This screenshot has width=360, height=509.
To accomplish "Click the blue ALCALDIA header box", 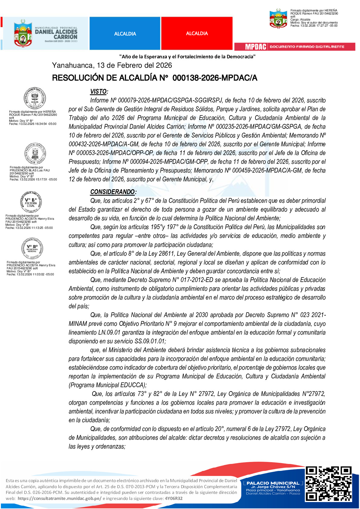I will (x=125, y=34).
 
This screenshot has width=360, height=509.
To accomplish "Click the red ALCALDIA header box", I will (x=197, y=33).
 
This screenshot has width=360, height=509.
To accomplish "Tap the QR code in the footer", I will (x=329, y=483).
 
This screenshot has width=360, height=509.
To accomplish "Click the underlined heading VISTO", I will (x=99, y=92).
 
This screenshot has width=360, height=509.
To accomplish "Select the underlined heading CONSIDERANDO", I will (x=112, y=192).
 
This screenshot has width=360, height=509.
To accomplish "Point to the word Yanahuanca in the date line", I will (x=73, y=65).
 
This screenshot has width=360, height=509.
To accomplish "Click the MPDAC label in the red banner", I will (x=255, y=47).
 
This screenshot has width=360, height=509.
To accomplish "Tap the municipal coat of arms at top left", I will (x=23, y=33).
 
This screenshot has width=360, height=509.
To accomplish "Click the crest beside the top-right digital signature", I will (x=278, y=18).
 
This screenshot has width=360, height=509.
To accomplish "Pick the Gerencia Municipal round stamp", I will (x=35, y=154).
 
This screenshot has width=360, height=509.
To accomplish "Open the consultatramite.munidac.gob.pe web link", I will (x=60, y=498).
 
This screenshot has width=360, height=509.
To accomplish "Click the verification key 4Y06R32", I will (x=174, y=498).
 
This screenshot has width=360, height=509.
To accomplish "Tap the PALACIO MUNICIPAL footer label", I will (x=273, y=483).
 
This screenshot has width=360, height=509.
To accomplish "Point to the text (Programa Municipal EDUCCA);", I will (x=108, y=385).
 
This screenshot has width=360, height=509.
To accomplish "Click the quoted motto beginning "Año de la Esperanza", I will (x=187, y=57).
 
